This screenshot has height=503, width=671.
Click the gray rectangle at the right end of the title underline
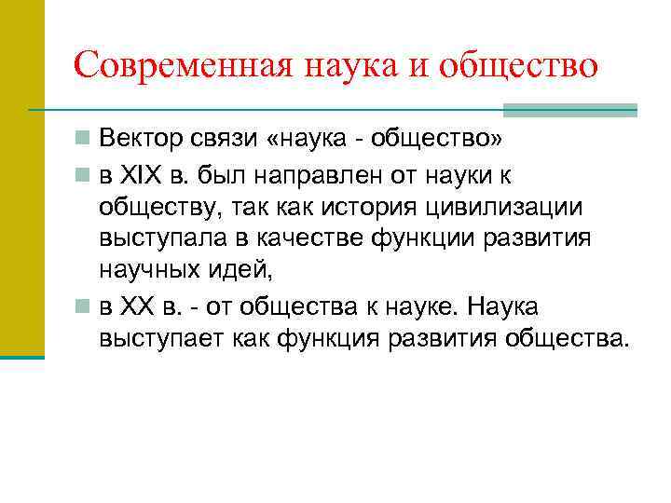point(569,110)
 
